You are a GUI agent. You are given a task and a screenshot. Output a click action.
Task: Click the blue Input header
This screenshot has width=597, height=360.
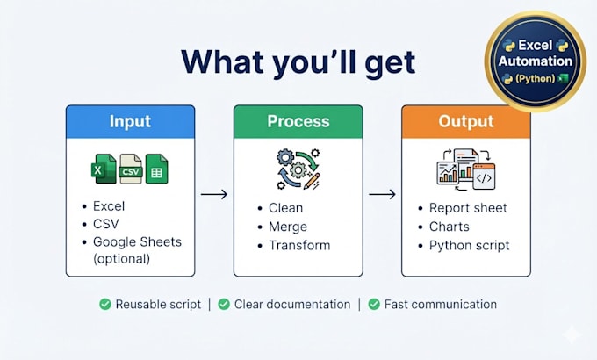130,122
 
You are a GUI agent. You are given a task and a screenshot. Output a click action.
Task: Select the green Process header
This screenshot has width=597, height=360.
298,122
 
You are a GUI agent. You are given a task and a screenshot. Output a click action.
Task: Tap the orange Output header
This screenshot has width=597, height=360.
466,122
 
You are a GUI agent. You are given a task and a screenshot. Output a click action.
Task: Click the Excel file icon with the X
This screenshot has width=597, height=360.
104,169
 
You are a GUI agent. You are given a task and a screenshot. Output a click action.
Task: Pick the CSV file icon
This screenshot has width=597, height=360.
131,169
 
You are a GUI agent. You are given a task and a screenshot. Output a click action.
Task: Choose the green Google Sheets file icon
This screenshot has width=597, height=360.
156,169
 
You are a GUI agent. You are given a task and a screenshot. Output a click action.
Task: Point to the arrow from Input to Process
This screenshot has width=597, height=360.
214,195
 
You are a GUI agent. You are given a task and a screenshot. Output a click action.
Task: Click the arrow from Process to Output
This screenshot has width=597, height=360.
382,195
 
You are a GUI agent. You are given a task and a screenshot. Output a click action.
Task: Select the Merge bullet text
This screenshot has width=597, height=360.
288,227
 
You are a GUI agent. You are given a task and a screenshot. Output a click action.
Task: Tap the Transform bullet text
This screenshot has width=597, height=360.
299,246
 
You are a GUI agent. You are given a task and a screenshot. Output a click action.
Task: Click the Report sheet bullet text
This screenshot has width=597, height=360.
468,208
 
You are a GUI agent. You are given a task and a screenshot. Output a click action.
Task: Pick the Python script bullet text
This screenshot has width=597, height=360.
469,246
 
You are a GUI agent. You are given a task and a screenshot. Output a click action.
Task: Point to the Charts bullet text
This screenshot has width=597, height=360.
450,227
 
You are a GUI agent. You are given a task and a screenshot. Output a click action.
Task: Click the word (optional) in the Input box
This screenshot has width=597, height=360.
121,259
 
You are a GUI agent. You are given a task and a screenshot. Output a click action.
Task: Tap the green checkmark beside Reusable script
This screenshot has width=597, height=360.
105,305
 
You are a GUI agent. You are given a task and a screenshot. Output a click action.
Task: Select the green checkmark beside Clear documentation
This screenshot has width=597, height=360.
224,305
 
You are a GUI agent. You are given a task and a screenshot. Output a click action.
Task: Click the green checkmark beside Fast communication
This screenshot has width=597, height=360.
374,305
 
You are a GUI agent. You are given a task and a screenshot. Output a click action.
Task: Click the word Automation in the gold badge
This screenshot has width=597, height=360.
536,61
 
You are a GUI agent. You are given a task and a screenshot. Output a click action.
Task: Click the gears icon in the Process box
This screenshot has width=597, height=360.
298,169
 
